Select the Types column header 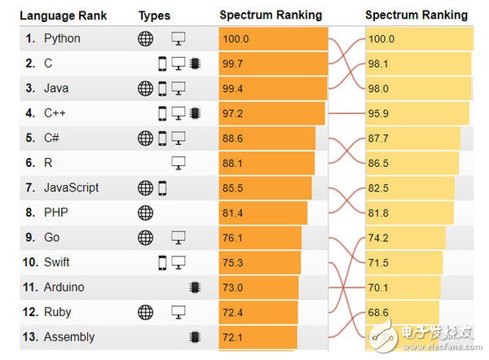tap(155, 15)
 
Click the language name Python tap(62, 38)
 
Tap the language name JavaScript tap(72, 187)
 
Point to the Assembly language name tap(69, 336)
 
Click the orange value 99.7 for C tap(232, 64)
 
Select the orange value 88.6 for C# tap(232, 138)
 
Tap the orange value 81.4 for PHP tap(232, 213)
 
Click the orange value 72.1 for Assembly tap(232, 337)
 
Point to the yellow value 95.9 tap(379, 113)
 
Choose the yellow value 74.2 tap(379, 238)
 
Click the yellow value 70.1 tap(379, 288)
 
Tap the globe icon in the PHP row tap(145, 213)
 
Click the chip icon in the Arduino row tap(194, 287)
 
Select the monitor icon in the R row tap(178, 163)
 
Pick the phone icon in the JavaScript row tap(162, 188)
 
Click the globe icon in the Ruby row tap(145, 312)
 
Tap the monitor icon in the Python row tap(178, 38)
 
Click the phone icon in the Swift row tap(162, 262)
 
